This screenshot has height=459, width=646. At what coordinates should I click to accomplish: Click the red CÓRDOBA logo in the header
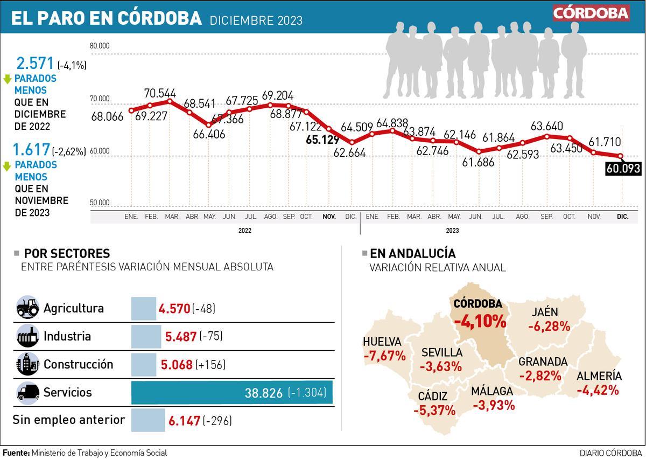[591, 13]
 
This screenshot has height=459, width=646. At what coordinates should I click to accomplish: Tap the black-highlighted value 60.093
[623, 169]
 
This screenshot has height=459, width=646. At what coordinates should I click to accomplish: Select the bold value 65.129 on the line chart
[321, 140]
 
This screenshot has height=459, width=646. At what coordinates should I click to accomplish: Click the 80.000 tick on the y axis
[100, 46]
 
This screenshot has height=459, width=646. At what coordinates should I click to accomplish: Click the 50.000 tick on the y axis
[100, 203]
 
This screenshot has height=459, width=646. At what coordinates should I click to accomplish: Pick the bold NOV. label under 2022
[329, 217]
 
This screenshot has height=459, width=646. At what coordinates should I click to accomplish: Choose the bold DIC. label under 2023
[622, 217]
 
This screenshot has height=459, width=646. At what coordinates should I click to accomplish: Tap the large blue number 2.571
[36, 64]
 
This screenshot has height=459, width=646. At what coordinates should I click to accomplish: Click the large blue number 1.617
[31, 150]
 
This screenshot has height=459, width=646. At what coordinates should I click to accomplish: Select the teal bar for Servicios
[231, 393]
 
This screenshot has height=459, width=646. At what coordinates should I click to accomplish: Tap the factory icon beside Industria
[27, 336]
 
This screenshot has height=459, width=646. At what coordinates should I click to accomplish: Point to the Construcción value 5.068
[177, 365]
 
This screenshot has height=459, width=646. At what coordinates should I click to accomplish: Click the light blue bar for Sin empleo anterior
[148, 420]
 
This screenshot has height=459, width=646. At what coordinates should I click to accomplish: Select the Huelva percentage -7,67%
[384, 356]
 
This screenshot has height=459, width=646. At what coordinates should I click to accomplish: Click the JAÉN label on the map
[545, 312]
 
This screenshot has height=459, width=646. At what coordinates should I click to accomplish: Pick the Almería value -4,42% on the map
[598, 390]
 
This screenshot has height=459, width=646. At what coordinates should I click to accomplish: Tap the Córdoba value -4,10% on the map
[480, 322]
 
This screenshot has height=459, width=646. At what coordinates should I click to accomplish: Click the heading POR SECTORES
[67, 253]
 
